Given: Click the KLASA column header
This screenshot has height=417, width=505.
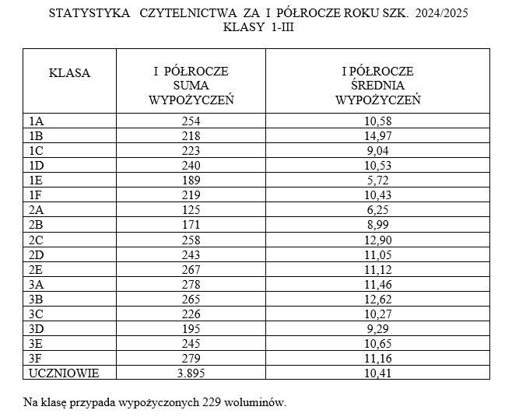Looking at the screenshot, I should click(69, 73).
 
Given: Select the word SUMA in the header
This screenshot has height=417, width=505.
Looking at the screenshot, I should click(191, 86).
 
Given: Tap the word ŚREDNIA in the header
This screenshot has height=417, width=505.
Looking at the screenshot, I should click(377, 86).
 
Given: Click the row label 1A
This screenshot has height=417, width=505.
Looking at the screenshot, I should click(36, 121).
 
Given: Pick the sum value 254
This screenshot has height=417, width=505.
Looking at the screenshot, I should click(191, 121).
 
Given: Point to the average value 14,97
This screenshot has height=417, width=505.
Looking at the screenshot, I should click(377, 135).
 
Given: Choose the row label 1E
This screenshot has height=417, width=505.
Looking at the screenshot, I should click(36, 180).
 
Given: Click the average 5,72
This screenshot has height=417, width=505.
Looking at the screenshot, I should click(377, 180).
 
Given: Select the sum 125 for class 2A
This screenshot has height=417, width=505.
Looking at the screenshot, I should click(191, 210).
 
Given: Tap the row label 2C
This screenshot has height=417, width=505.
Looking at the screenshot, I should click(36, 240).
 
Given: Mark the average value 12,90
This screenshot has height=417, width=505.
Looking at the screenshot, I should click(377, 240).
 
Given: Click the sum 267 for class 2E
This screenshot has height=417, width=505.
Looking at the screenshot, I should click(191, 269).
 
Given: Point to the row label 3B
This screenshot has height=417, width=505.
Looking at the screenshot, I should click(36, 299).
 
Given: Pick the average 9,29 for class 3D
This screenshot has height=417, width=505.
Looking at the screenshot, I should click(377, 329).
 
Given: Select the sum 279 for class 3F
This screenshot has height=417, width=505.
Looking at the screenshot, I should click(191, 359).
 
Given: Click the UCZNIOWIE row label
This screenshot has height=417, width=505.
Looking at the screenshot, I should click(63, 373).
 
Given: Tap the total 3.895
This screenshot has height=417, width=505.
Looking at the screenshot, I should click(191, 373).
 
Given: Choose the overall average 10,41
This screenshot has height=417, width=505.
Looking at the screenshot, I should click(377, 373).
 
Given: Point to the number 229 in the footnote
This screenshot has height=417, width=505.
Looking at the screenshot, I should click(212, 402).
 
